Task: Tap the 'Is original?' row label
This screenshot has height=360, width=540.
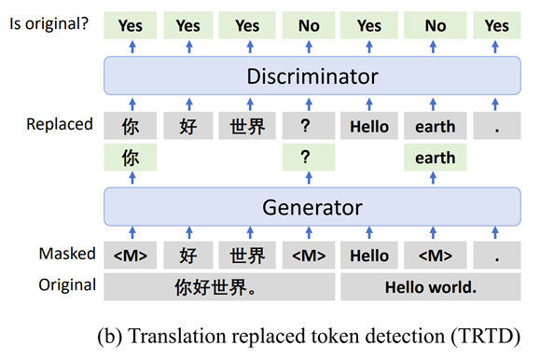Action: [x=48, y=23]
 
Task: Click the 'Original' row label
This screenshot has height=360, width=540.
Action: [x=65, y=284]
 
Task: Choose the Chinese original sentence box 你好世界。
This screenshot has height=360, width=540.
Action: [x=216, y=287]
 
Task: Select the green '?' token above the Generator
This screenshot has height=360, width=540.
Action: [x=308, y=158]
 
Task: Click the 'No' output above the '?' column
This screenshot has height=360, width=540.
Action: [x=308, y=25]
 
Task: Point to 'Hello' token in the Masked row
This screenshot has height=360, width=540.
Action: [x=368, y=255]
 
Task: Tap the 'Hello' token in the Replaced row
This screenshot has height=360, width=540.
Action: [x=368, y=126]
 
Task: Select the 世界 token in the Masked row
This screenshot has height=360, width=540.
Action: [x=247, y=255]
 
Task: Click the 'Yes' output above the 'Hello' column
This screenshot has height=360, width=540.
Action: [x=368, y=25]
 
